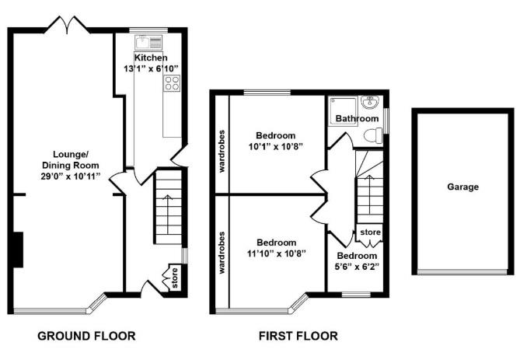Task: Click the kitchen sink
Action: coord(148,42)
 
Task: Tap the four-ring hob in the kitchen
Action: coord(172,83)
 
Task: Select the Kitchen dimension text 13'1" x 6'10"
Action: coord(151,68)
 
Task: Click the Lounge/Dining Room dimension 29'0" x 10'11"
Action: coord(70,176)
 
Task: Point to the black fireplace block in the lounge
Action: coord(18,250)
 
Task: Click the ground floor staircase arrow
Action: coord(168,214)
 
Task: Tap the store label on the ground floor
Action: coord(175,278)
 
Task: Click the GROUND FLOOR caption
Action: coord(86,336)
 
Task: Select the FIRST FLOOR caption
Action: coord(298,336)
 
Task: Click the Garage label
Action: coord(462,187)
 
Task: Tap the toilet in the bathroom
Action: coord(373,136)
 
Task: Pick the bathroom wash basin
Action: coord(370,102)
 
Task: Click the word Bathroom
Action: coord(357,118)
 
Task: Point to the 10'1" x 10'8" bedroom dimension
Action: coord(276,146)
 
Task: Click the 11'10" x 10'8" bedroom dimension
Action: coord(276,253)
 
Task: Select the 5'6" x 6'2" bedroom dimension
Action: coord(358,267)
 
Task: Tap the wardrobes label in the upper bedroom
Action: coord(222,151)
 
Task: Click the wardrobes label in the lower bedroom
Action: coord(222,253)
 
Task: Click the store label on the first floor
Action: coord(370,232)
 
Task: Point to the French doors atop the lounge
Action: coord(68,25)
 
